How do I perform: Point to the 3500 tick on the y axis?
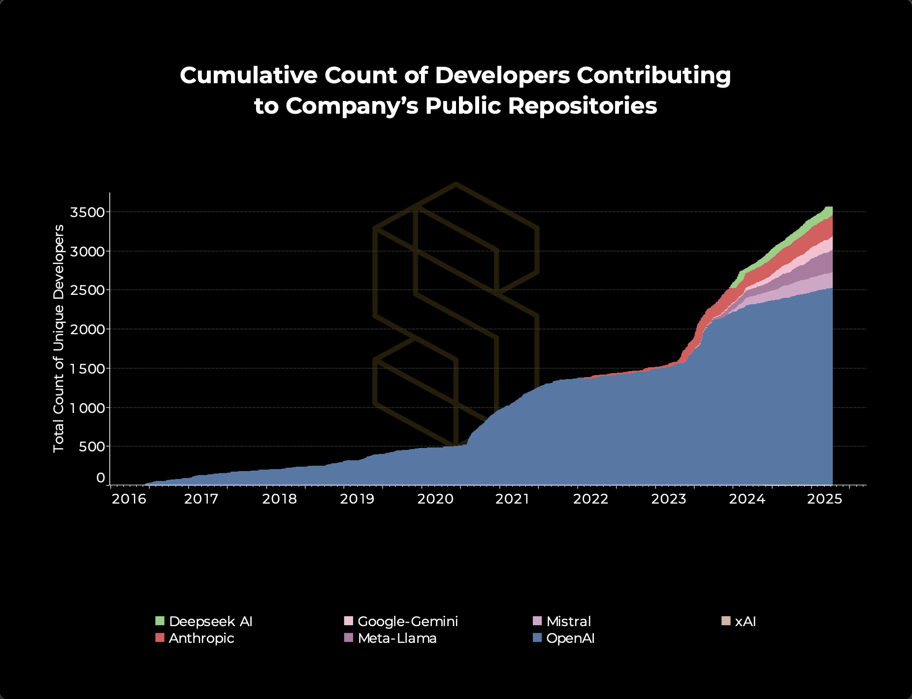tap(88, 212)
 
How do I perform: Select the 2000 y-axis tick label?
tap(88, 329)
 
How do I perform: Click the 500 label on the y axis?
tap(92, 446)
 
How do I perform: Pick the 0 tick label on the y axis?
tap(100, 477)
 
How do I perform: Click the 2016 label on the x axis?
tap(129, 499)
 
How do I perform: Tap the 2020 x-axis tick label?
tap(435, 499)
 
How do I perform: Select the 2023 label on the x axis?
tap(668, 499)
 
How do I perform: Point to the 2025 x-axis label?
tap(825, 499)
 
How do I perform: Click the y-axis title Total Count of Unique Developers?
tap(59, 338)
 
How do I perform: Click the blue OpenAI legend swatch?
tap(538, 638)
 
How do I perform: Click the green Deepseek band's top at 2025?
tap(828, 208)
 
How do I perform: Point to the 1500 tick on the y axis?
tap(88, 369)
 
